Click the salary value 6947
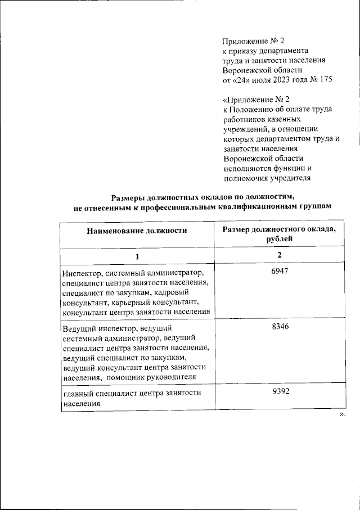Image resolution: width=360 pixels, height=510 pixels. (x=279, y=272)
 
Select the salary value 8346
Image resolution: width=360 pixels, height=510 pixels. (x=279, y=327)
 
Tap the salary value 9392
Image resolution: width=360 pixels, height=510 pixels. (x=279, y=391)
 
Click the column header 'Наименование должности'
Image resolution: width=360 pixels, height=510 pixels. (x=137, y=230)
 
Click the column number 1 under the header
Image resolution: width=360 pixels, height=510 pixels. (x=137, y=256)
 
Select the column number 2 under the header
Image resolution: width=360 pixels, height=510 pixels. (x=279, y=255)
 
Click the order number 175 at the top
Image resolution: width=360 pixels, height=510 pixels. (x=325, y=80)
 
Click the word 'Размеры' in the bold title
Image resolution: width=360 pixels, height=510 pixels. (x=128, y=197)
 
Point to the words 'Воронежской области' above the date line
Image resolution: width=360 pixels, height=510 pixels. (x=262, y=70)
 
